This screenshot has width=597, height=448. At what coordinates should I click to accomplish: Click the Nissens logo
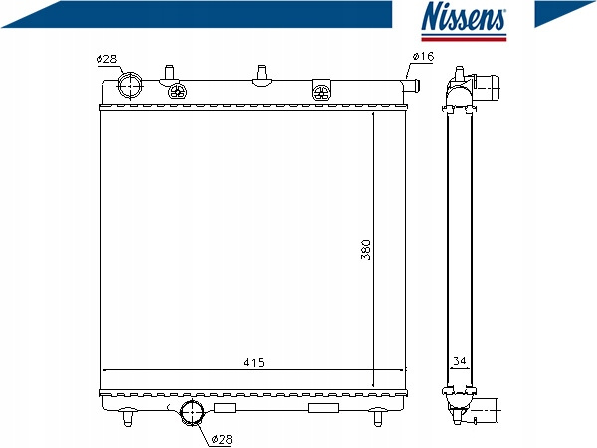464,21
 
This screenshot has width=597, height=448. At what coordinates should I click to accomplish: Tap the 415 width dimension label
254,362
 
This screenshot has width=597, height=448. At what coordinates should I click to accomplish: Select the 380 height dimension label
365,250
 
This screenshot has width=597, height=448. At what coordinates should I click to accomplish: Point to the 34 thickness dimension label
460,360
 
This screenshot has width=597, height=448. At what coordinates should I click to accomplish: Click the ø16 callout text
423,57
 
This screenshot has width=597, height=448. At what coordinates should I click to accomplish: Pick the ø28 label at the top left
107,59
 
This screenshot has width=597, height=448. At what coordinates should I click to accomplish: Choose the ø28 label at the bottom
222,439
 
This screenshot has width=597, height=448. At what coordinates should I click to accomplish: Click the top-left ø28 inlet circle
130,85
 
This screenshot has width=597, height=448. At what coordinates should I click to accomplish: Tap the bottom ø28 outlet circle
192,412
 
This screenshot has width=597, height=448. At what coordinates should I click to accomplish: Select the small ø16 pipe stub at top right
412,85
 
